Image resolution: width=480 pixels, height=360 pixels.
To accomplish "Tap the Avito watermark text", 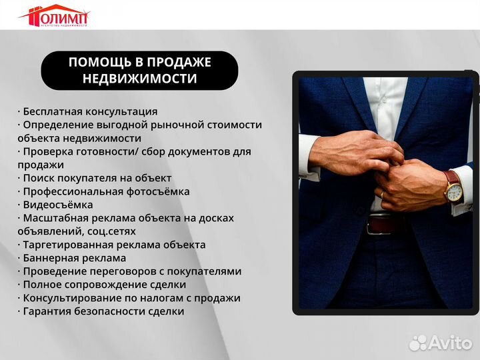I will [x=450, y=342].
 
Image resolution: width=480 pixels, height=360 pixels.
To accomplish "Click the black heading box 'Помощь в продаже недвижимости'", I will [x=139, y=71].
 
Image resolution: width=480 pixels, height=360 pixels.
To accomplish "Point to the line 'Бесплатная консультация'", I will [x=88, y=111].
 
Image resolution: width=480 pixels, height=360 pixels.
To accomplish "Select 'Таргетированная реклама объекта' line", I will [x=112, y=245].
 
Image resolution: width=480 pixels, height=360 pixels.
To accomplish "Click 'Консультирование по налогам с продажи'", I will [x=129, y=298].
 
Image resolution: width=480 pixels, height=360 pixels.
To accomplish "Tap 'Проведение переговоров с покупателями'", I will [x=130, y=271].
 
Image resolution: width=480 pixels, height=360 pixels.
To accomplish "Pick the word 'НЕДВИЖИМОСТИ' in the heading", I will [x=139, y=79].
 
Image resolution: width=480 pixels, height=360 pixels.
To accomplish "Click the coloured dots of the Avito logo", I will [x=418, y=342].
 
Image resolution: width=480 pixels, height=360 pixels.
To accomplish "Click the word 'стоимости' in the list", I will [x=232, y=125].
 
